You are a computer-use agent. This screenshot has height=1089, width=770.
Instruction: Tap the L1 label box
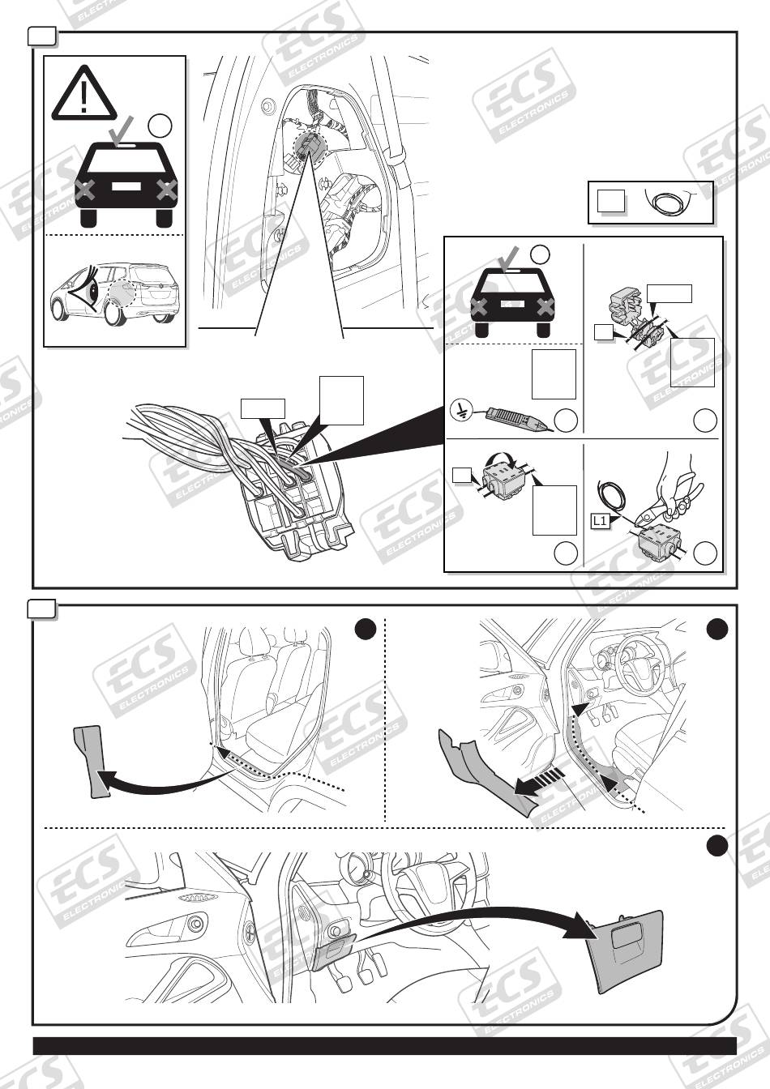pos(599,522)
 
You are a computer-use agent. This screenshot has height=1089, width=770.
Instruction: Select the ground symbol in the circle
pos(460,410)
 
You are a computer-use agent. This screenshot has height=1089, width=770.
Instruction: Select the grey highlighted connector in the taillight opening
pos(309,147)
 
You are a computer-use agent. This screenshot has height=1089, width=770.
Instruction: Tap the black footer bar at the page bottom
pos(384,1046)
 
